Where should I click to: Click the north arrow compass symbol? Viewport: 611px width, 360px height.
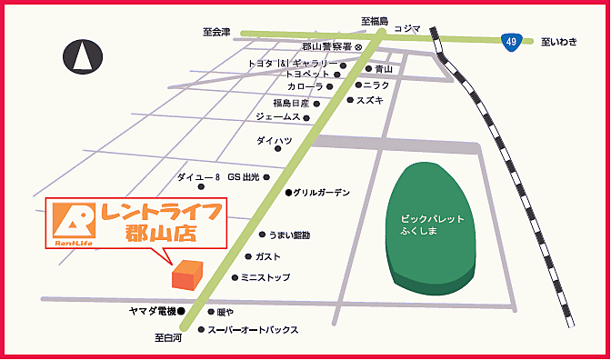pos(83,57)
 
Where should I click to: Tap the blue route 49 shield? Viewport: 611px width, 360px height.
pos(513,40)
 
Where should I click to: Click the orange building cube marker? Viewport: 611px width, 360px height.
pos(189,275)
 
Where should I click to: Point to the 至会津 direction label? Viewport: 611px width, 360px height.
pos(216,32)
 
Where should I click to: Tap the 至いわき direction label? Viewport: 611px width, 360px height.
pos(559,40)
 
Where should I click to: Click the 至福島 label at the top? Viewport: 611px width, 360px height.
pos(374,20)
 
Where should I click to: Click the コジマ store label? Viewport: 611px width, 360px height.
pos(407,28)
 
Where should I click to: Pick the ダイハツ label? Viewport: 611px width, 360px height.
pos(274,141)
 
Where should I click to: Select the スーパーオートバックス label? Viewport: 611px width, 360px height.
pos(253,330)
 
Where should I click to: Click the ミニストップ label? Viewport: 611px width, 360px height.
pos(266,277)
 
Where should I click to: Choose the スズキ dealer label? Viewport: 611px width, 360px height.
pos(372,99)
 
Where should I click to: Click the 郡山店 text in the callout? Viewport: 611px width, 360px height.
pos(163,233)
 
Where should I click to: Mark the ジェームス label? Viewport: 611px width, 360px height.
pos(278,117)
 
